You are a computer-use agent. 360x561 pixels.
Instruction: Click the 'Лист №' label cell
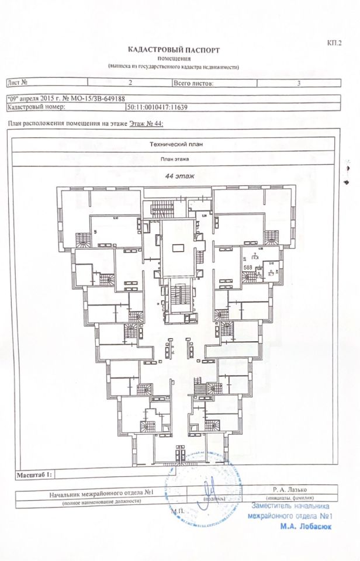click(x=18, y=84)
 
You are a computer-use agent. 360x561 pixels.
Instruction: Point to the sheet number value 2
click(x=130, y=84)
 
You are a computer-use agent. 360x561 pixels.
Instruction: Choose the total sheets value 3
click(x=299, y=84)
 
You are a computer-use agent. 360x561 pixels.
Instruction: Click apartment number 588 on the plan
click(x=248, y=267)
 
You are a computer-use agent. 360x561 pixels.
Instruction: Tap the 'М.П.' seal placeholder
click(x=178, y=511)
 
